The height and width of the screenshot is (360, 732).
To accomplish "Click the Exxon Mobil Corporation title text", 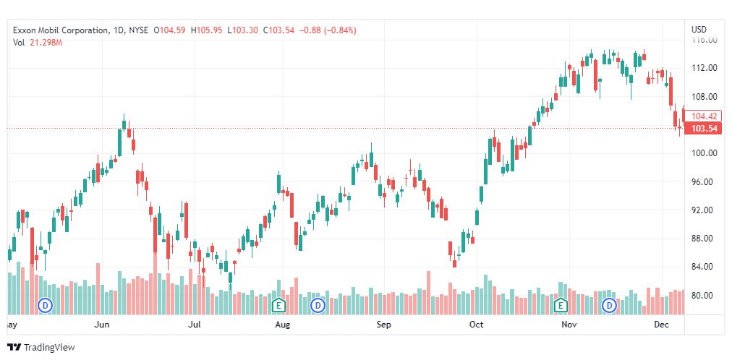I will pyautogui.click(x=61, y=30).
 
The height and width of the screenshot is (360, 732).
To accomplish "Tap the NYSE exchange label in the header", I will pyautogui.click(x=138, y=30).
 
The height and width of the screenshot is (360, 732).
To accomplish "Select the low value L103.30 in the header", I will pyautogui.click(x=243, y=30).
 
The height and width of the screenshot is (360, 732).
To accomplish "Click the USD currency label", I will pyautogui.click(x=699, y=30).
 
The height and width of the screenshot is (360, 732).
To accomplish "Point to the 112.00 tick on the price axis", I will pyautogui.click(x=704, y=68).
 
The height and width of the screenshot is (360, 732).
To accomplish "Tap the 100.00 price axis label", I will pyautogui.click(x=704, y=153).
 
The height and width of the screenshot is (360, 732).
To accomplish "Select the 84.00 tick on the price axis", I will pyautogui.click(x=704, y=267).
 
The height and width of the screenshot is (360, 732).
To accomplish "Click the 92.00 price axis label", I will pyautogui.click(x=704, y=210).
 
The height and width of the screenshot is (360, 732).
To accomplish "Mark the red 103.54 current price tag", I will pyautogui.click(x=704, y=129).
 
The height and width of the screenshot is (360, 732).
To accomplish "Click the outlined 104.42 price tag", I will pyautogui.click(x=704, y=116).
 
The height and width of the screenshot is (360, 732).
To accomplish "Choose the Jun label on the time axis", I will pyautogui.click(x=102, y=325).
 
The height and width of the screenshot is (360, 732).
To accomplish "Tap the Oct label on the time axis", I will pyautogui.click(x=476, y=325).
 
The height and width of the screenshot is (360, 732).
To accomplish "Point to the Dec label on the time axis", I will pyautogui.click(x=661, y=325).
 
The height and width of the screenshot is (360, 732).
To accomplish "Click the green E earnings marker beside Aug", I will pyautogui.click(x=278, y=306).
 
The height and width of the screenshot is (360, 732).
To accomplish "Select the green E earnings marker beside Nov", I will pyautogui.click(x=560, y=306).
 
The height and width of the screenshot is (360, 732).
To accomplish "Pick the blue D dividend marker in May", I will pyautogui.click(x=46, y=306).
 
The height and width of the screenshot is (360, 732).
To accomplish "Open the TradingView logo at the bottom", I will pyautogui.click(x=41, y=348).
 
